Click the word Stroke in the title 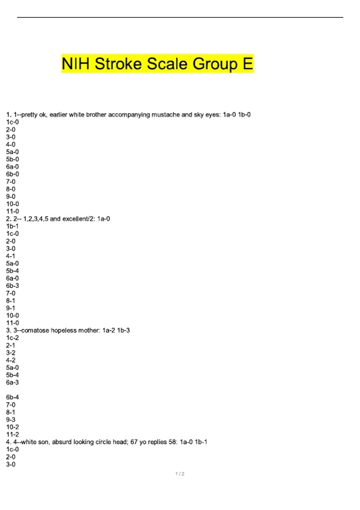118,64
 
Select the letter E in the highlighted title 248,64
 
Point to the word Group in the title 215,64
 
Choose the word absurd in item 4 62,442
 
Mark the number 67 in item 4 134,442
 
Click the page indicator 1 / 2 180,474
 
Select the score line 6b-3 12,286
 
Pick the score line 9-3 10,420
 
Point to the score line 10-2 12,427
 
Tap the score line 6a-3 12,382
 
